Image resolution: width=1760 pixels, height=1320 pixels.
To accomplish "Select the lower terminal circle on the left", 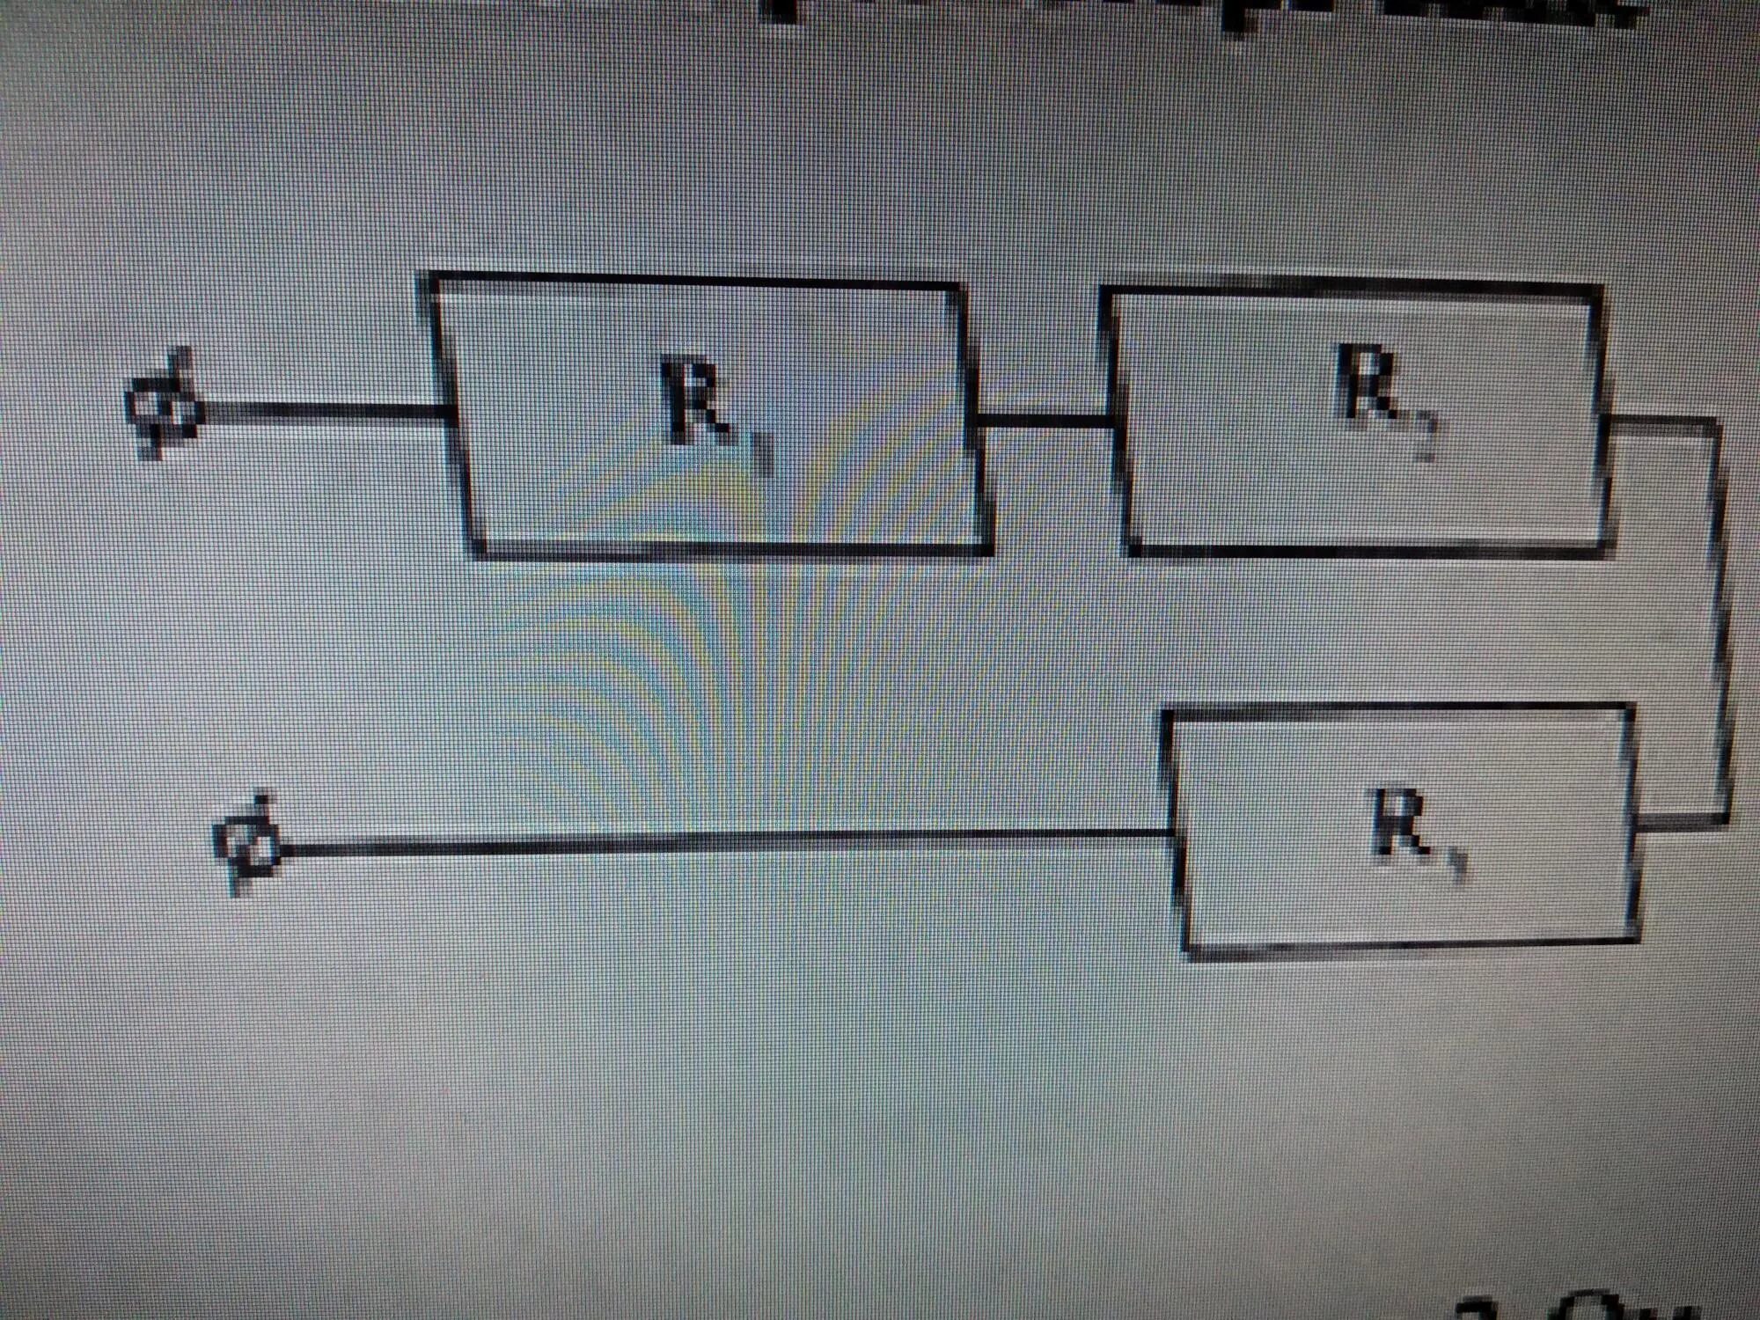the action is (249, 847).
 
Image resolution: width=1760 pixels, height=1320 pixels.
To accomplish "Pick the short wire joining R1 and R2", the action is (1043, 421).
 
